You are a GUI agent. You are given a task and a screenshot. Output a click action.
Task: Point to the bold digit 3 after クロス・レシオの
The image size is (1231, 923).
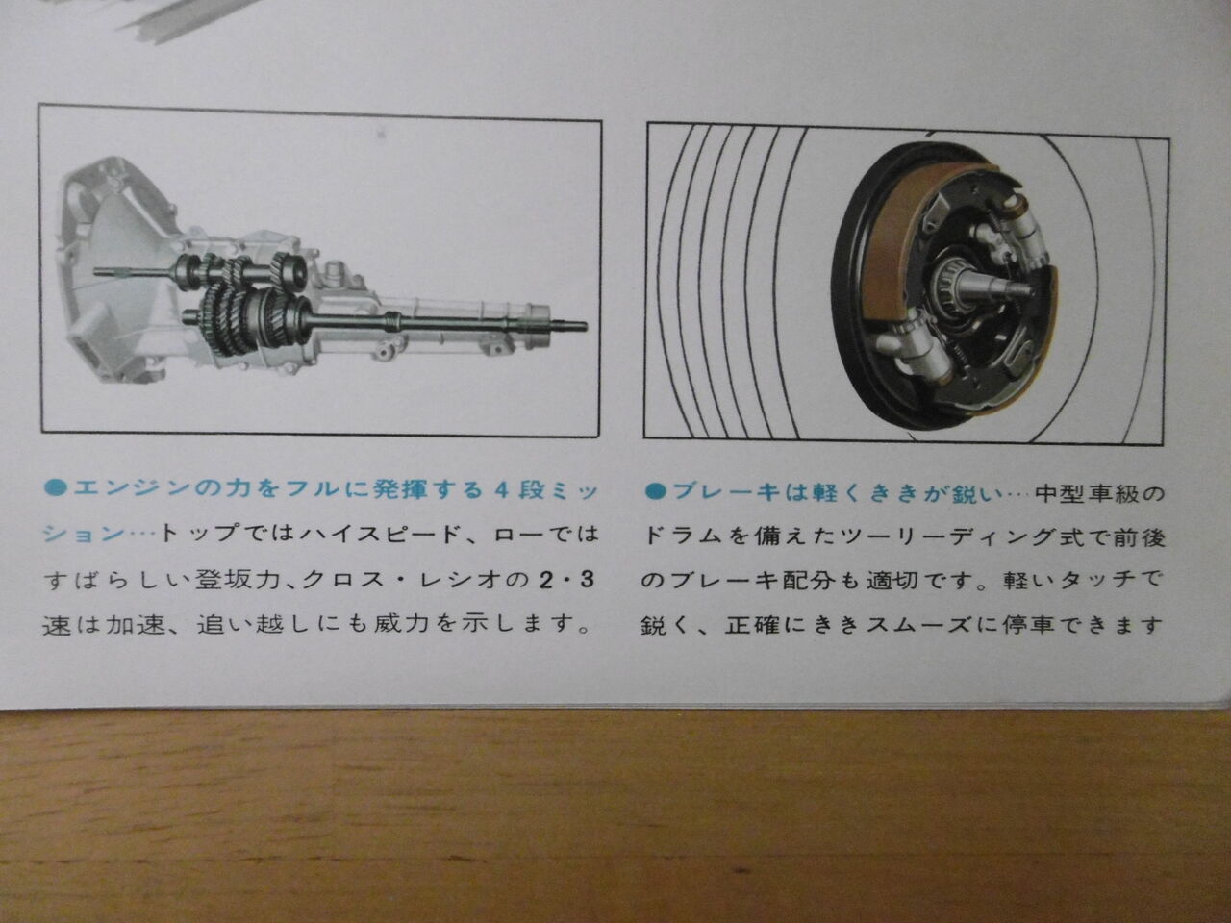(587, 580)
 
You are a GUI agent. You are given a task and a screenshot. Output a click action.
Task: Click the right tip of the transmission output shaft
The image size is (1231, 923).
(585, 326)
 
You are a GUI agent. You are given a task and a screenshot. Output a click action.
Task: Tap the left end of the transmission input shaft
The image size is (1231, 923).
(96, 272)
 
